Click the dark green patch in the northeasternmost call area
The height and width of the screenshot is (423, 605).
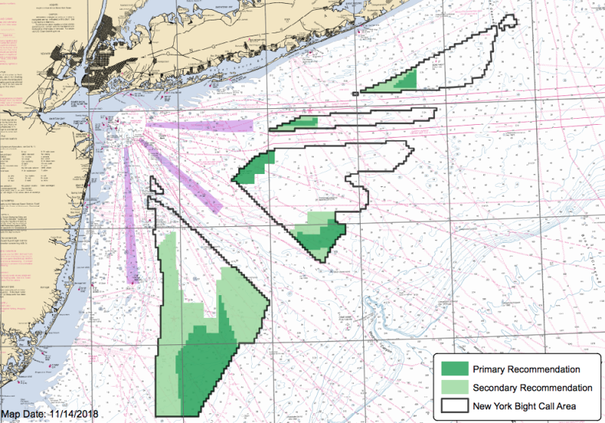(408, 80)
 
